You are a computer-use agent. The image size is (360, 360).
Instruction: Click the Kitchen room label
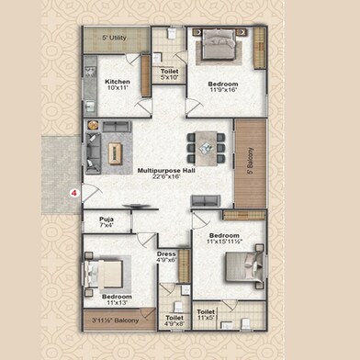(x=118, y=81)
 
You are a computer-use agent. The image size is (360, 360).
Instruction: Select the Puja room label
(x=107, y=219)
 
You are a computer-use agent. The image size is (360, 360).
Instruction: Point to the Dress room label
(x=166, y=253)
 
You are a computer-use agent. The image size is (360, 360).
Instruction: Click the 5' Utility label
(x=114, y=38)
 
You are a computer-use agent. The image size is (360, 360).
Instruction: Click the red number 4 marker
(x=73, y=193)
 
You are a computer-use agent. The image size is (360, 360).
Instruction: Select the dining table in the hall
(x=204, y=143)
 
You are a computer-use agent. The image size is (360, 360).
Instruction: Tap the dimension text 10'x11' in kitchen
(x=118, y=88)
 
